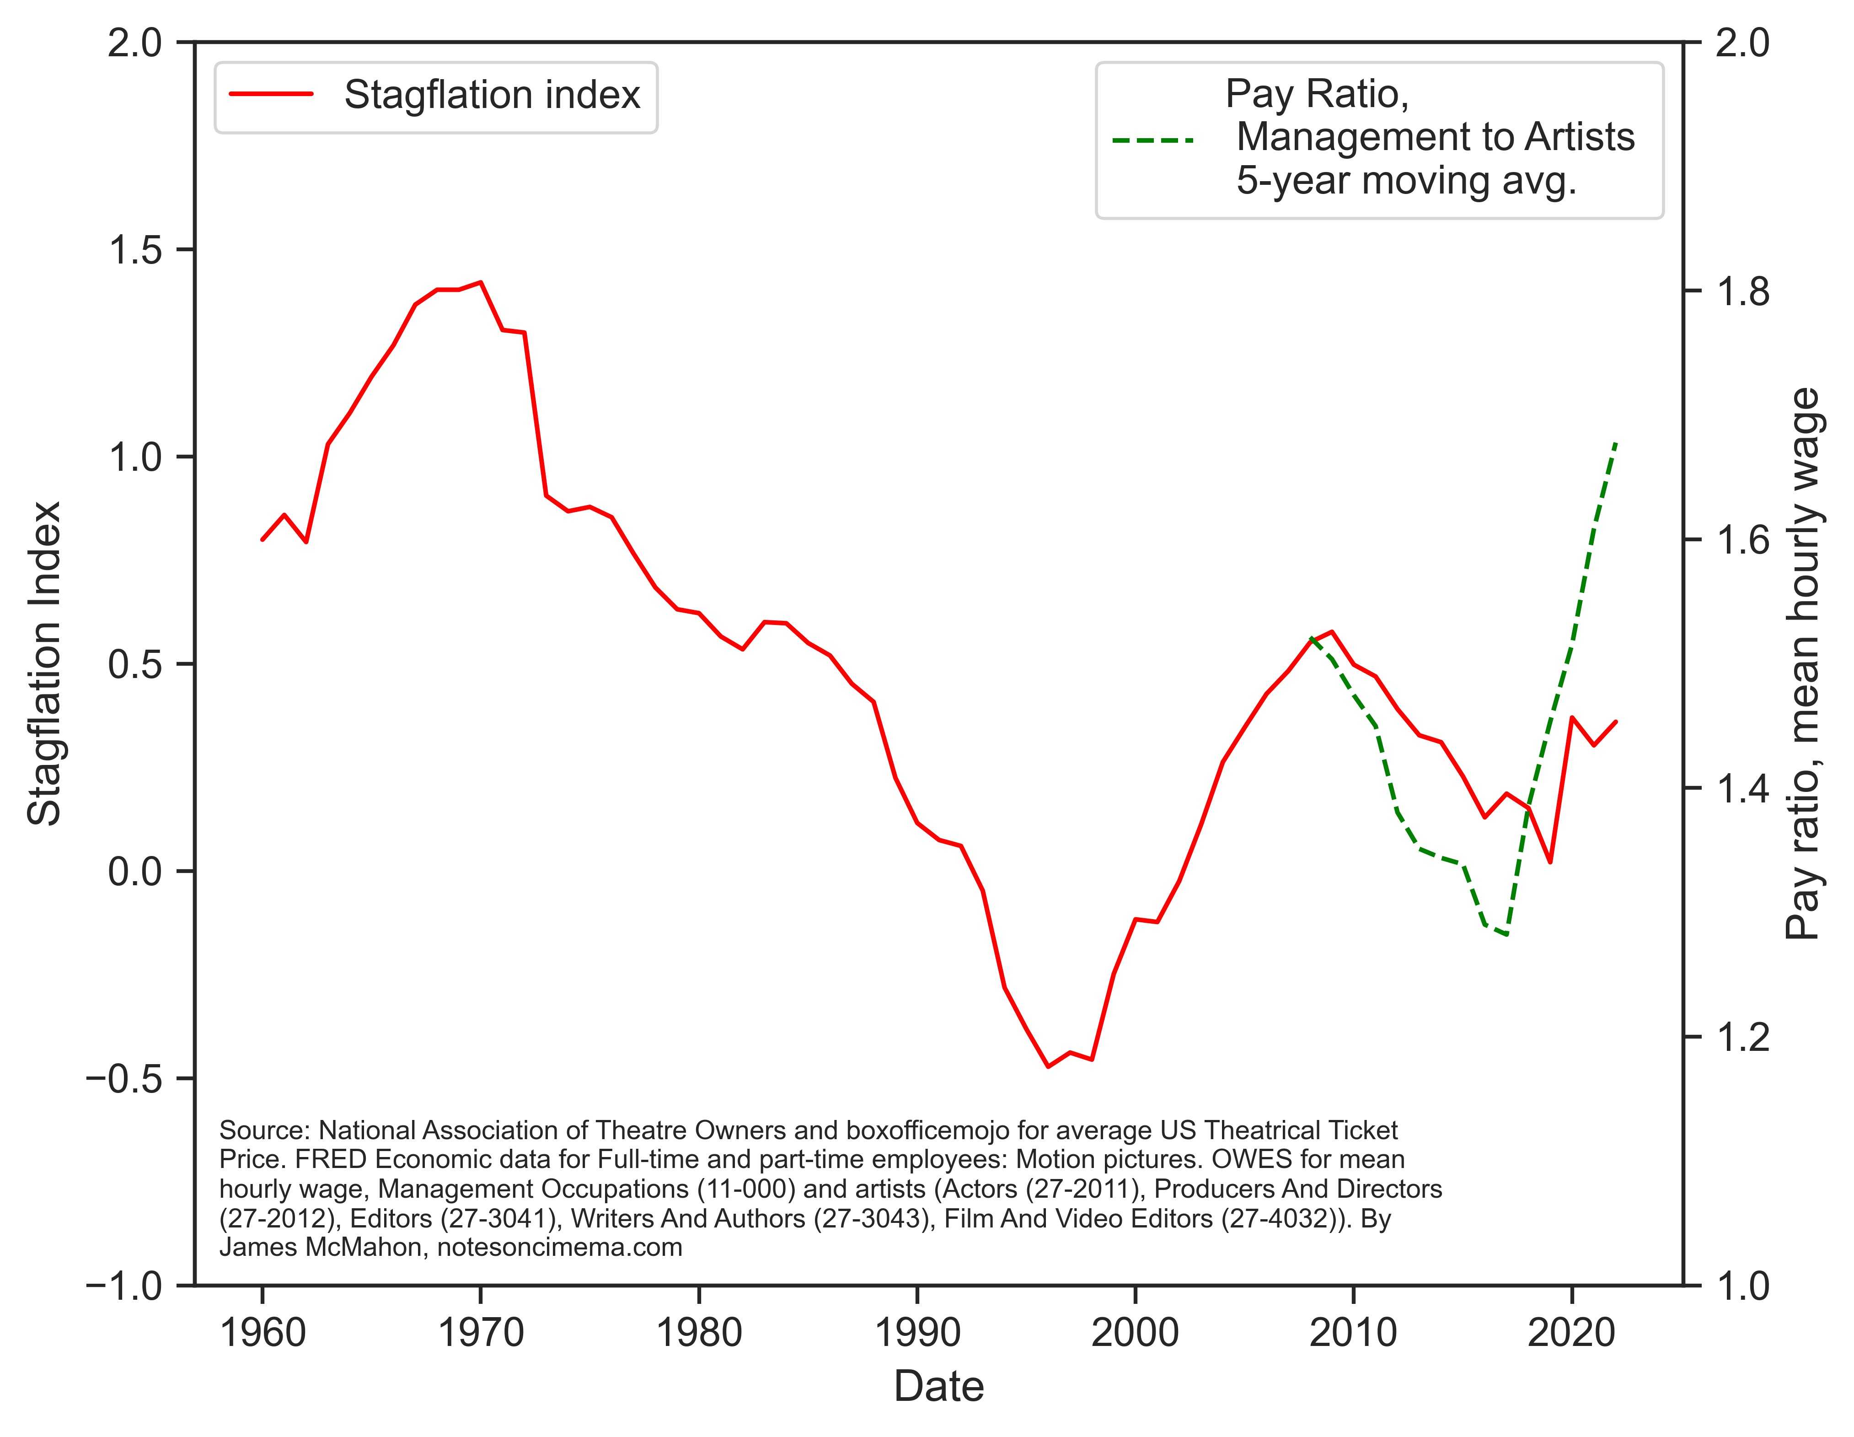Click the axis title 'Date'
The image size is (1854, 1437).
[939, 1387]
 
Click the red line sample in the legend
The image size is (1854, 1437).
[272, 94]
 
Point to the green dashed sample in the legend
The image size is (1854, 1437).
[1153, 139]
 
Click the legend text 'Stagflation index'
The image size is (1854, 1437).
[492, 94]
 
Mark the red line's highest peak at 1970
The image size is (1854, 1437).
[481, 282]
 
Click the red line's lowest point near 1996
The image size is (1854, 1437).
[1048, 1067]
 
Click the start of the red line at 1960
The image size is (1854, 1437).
[263, 539]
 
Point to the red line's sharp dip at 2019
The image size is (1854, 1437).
[1550, 862]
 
